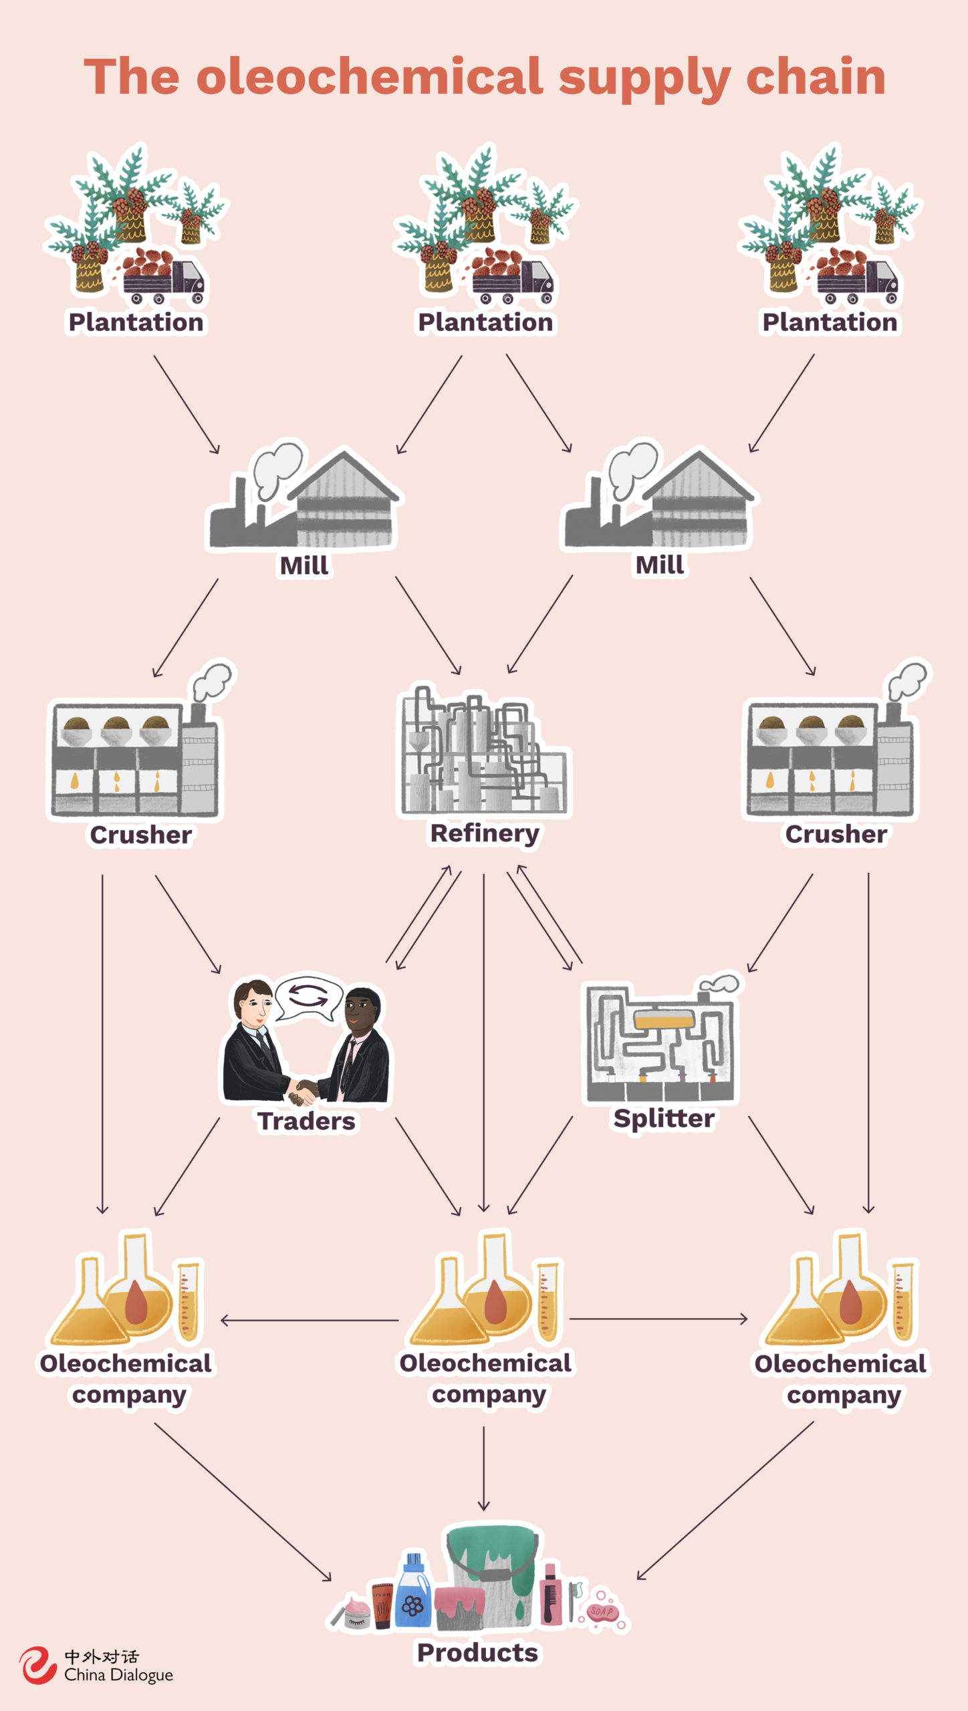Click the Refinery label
pos(485,833)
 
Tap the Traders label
pos(306,1121)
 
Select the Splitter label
pos(664,1118)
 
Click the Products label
pos(477,1652)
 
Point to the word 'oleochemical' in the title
pos(369,76)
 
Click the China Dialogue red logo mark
pos(37,1665)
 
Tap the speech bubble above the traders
pos(307,998)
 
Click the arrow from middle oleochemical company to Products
pos(483,1468)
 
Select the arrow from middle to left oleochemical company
pos(309,1320)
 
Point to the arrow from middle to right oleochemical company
pos(658,1319)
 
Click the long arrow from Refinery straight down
pos(484,1043)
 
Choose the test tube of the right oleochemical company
pos(903,1300)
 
